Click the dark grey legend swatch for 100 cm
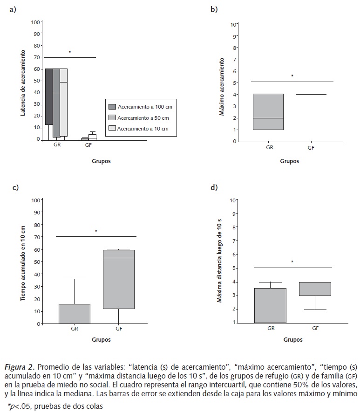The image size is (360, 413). click(x=112, y=107)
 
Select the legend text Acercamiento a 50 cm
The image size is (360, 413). click(x=143, y=117)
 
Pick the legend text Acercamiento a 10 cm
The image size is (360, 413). click(x=143, y=128)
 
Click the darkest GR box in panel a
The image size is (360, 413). click(x=48, y=96)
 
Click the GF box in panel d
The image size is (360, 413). click(x=315, y=289)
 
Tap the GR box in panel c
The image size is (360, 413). click(x=75, y=313)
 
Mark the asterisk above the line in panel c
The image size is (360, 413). click(x=96, y=231)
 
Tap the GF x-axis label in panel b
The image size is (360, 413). click(x=311, y=148)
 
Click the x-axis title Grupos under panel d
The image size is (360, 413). click(x=292, y=340)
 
